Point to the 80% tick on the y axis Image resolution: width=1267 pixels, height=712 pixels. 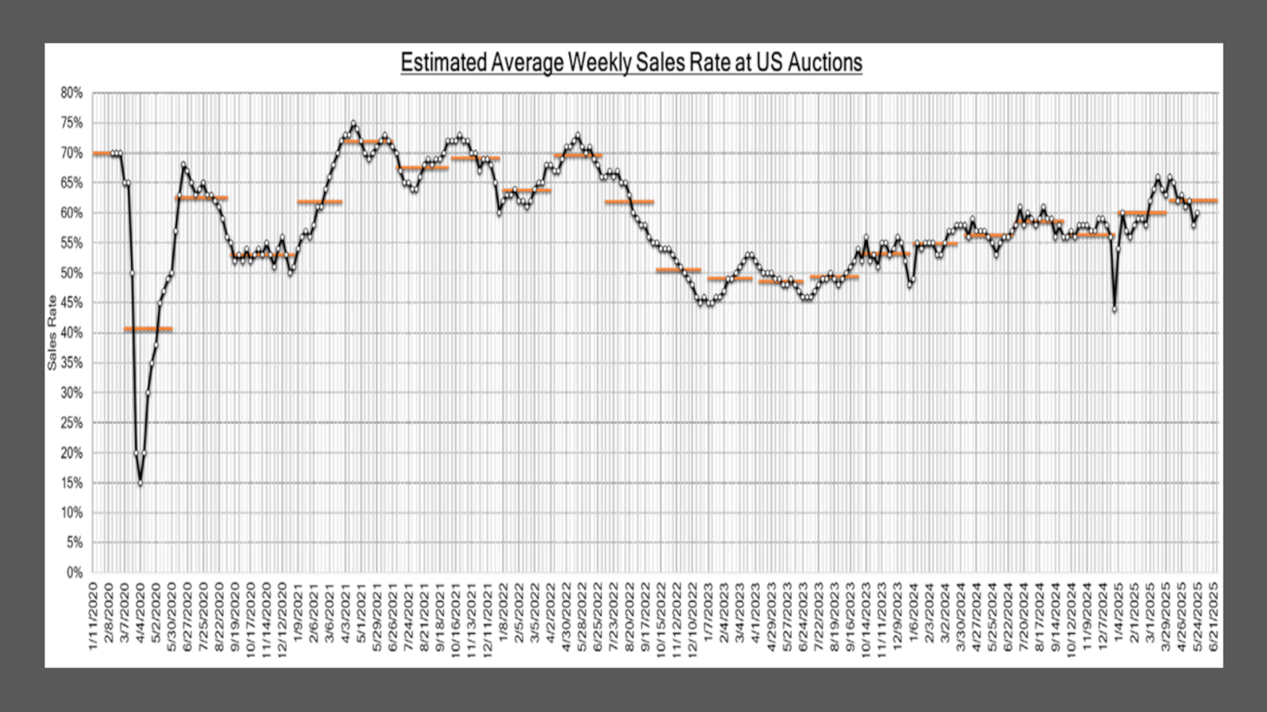pyautogui.click(x=71, y=94)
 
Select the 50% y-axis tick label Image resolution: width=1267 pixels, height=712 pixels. pyautogui.click(x=71, y=274)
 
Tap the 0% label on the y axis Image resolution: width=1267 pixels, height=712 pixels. pyautogui.click(x=74, y=573)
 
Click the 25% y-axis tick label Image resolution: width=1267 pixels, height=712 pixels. pyautogui.click(x=71, y=423)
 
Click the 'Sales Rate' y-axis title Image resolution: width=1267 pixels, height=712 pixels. pyautogui.click(x=52, y=333)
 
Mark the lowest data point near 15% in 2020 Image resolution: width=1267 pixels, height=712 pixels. pyautogui.click(x=140, y=483)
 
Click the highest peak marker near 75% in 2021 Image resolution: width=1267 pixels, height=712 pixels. pyautogui.click(x=354, y=124)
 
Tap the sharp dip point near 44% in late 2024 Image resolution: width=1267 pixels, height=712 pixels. pyautogui.click(x=1115, y=309)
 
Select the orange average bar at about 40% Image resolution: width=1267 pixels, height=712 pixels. pyautogui.click(x=148, y=329)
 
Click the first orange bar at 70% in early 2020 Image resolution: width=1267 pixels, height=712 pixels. pyautogui.click(x=102, y=154)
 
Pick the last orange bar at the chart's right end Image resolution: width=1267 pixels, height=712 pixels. pyautogui.click(x=1194, y=201)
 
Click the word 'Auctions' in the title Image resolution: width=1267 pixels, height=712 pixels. pyautogui.click(x=824, y=63)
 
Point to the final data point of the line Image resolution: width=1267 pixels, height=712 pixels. pyautogui.click(x=1197, y=214)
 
